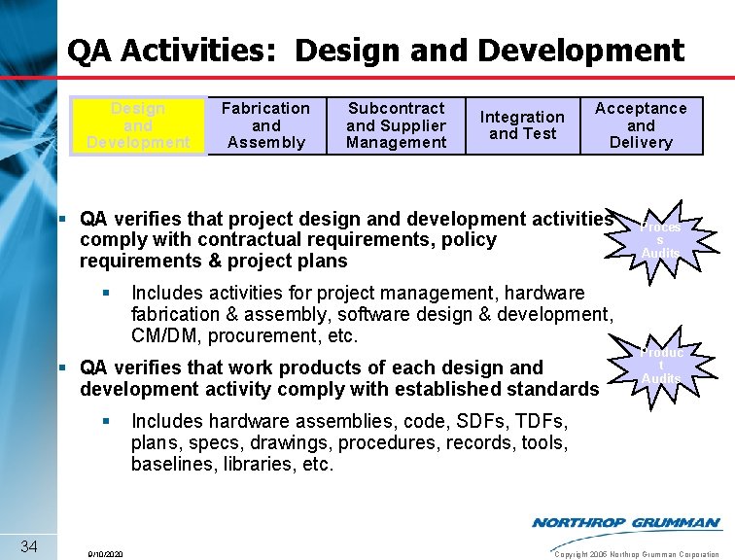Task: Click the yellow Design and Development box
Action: pos(137,125)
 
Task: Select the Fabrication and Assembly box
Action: pos(265,125)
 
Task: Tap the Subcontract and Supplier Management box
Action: pos(396,125)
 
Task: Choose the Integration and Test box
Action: pos(522,125)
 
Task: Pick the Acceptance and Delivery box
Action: pos(641,125)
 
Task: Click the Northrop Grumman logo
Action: pos(626,523)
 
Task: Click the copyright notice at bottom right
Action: pos(636,554)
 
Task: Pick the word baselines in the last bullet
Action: pos(171,465)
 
